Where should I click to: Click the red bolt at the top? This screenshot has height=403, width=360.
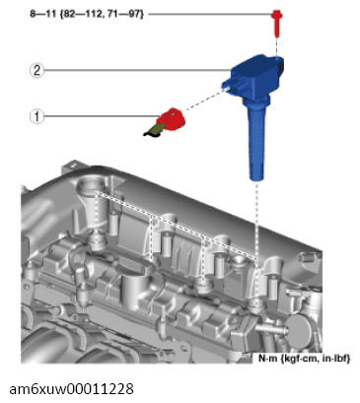pyautogui.click(x=277, y=23)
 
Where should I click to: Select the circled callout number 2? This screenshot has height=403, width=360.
pyautogui.click(x=36, y=70)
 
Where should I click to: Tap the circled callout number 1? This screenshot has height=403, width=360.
pyautogui.click(x=36, y=116)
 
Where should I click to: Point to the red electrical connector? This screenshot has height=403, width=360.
pyautogui.click(x=172, y=119)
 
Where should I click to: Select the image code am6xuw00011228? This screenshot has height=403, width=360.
pyautogui.click(x=71, y=389)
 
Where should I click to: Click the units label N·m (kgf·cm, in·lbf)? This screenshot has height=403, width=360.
pyautogui.click(x=304, y=358)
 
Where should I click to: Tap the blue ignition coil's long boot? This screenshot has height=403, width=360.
pyautogui.click(x=255, y=140)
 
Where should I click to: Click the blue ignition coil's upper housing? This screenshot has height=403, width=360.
pyautogui.click(x=256, y=75)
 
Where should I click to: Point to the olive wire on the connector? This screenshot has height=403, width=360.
pyautogui.click(x=153, y=131)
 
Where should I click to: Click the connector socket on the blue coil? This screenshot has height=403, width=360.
pyautogui.click(x=234, y=84)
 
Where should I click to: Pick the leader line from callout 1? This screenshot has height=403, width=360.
pyautogui.click(x=101, y=116)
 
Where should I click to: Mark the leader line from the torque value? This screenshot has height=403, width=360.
pyautogui.click(x=210, y=14)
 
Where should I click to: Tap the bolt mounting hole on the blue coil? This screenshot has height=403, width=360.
pyautogui.click(x=278, y=59)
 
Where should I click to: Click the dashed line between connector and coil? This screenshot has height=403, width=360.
pyautogui.click(x=205, y=99)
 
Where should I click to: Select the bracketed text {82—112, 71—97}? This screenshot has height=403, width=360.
pyautogui.click(x=102, y=14)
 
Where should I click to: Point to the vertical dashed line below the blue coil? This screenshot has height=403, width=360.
pyautogui.click(x=257, y=241)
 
